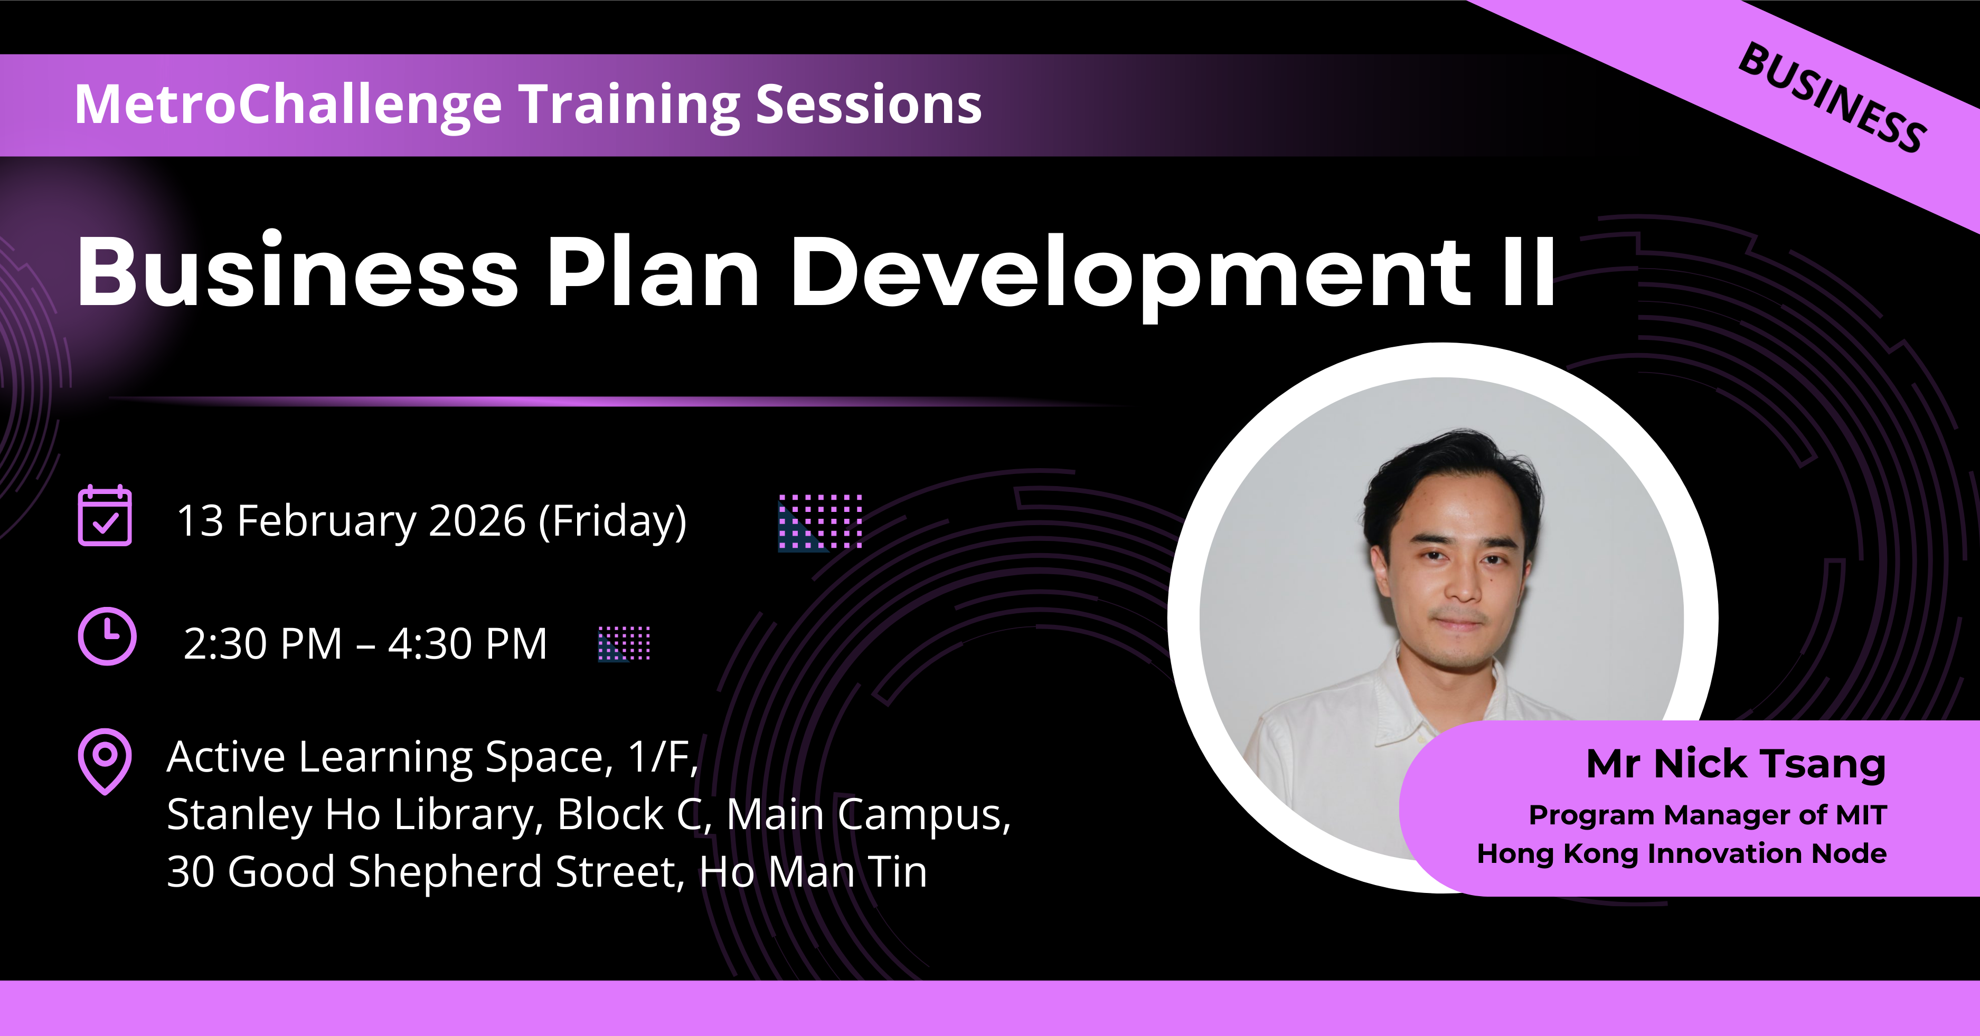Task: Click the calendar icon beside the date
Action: click(105, 515)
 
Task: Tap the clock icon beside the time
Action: click(108, 636)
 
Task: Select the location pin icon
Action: click(105, 761)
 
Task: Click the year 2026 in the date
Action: click(477, 521)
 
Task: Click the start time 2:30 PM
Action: click(263, 644)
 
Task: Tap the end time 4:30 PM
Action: click(467, 644)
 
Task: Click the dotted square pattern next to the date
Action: click(820, 522)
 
